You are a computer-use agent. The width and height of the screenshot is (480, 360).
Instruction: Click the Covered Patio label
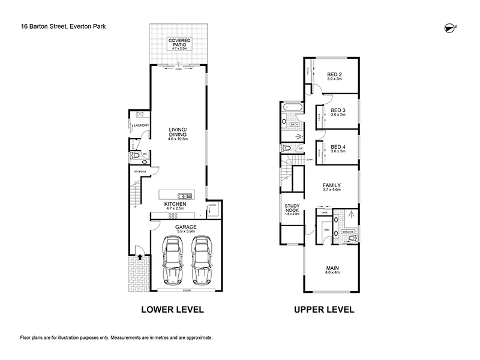(179, 42)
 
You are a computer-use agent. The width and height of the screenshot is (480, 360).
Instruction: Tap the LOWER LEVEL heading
(172, 310)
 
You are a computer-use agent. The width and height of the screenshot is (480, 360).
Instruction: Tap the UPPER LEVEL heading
(323, 310)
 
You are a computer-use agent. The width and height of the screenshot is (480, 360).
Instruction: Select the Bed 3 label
(338, 110)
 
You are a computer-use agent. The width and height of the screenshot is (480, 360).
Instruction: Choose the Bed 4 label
(338, 147)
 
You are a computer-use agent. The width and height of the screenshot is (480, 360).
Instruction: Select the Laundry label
(141, 125)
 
